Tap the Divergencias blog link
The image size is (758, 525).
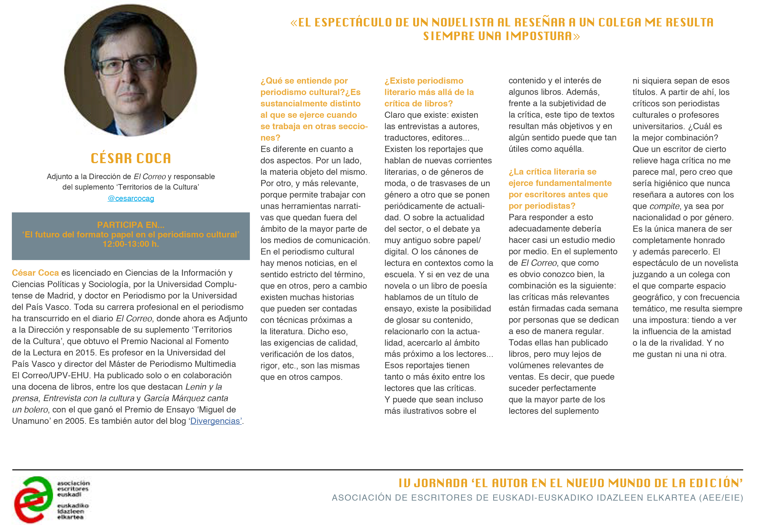(x=216, y=421)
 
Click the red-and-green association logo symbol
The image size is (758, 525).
(x=33, y=499)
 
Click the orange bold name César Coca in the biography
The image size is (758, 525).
(x=35, y=273)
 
